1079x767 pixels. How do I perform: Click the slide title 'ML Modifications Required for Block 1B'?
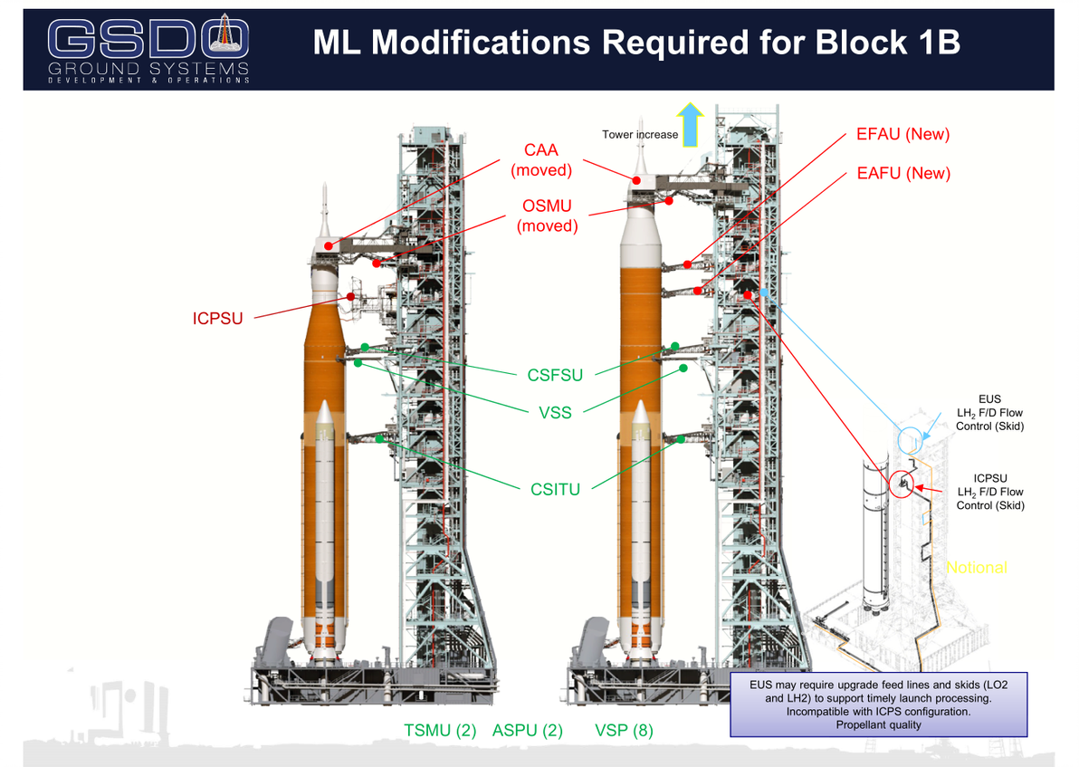(x=636, y=43)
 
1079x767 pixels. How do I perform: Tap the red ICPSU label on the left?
(x=218, y=318)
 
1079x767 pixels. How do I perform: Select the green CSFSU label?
(x=555, y=374)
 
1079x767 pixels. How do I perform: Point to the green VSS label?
(x=555, y=414)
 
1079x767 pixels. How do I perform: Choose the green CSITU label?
(x=555, y=490)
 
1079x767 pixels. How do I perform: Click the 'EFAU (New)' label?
(x=902, y=135)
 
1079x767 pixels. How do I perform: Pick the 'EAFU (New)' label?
(x=902, y=173)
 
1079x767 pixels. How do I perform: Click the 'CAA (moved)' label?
(x=541, y=159)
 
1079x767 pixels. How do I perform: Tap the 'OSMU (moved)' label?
(x=547, y=216)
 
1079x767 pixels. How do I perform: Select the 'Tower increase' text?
(x=639, y=135)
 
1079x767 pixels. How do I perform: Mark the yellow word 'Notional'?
(x=976, y=568)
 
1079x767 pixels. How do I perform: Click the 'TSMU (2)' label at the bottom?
(x=440, y=731)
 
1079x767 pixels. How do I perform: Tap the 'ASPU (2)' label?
(x=527, y=731)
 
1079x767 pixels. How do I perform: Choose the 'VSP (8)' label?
(x=624, y=731)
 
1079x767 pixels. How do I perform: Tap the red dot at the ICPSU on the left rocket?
(x=349, y=296)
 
